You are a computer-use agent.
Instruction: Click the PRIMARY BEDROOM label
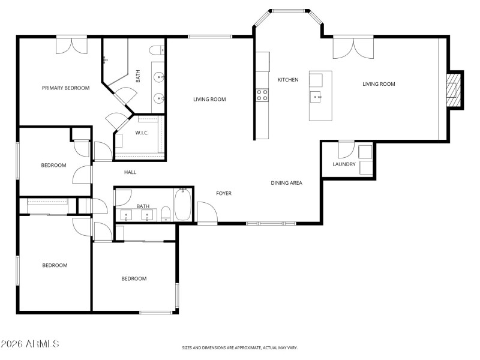(65, 88)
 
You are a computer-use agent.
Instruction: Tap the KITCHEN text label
(287, 80)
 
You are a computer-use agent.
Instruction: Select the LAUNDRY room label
(344, 164)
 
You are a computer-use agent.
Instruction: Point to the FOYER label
(224, 193)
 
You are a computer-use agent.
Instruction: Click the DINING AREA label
(286, 183)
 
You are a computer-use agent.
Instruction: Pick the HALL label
(130, 172)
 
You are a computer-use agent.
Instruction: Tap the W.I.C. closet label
(142, 133)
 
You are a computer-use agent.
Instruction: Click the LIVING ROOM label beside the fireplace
(379, 84)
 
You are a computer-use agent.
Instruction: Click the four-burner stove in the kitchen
(262, 94)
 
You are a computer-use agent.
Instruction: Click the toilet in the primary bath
(157, 50)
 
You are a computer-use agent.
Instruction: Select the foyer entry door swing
(206, 212)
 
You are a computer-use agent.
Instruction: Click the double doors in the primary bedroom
(71, 46)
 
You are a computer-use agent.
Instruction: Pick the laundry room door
(346, 149)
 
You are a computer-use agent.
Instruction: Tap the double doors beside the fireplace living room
(353, 47)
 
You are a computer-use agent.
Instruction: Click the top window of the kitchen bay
(289, 10)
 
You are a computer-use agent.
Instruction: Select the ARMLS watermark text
(30, 344)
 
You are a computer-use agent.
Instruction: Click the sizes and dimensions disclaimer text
(240, 347)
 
